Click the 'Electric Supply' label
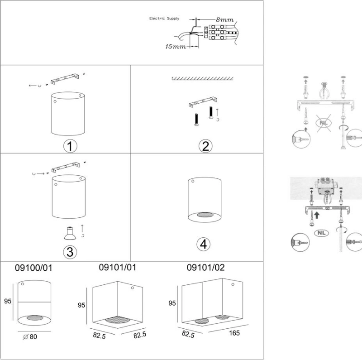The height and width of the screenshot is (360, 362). (x=164, y=19)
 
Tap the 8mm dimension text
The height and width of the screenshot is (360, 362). (x=225, y=20)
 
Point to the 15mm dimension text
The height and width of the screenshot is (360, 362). (x=176, y=47)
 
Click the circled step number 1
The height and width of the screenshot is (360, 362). (x=70, y=146)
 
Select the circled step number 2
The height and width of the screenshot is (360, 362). (x=205, y=146)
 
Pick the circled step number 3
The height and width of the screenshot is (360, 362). (x=70, y=252)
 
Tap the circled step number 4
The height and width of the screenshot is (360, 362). (x=203, y=244)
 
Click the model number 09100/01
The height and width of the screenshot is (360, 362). (x=33, y=268)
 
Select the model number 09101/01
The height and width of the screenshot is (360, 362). (x=118, y=267)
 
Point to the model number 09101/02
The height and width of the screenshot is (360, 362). (x=206, y=267)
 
